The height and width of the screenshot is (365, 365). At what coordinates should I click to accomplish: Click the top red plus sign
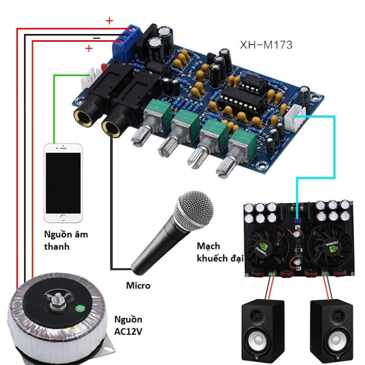[x=109, y=21]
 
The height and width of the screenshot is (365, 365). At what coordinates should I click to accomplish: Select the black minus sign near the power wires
[x=97, y=38]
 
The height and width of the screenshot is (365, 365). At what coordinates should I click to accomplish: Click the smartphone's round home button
[x=63, y=217]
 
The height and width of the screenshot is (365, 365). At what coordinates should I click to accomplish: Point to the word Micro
[x=138, y=286]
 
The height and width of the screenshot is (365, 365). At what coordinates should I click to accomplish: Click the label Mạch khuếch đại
[x=215, y=252]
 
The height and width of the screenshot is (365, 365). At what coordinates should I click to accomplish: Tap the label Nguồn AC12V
[x=129, y=325]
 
